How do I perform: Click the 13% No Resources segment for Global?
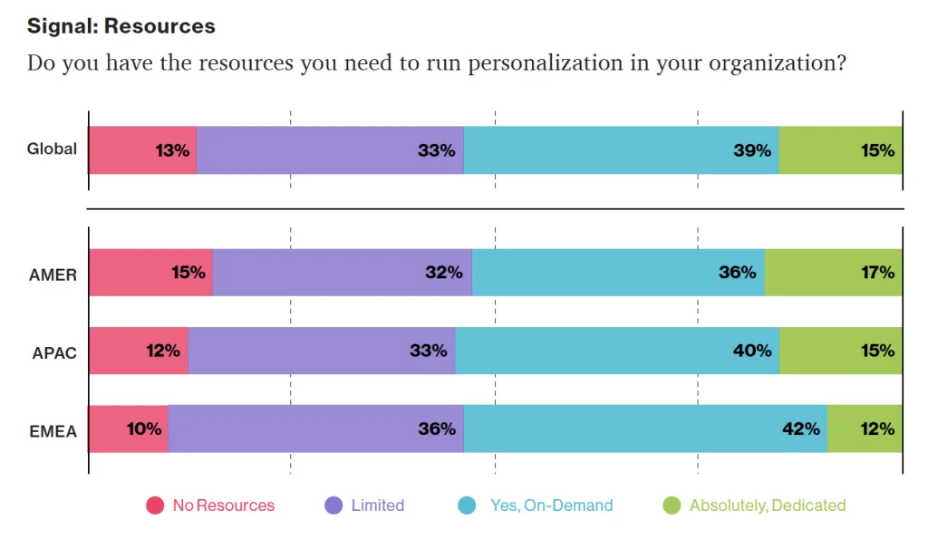coord(142,150)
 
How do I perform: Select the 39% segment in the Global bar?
coord(622,150)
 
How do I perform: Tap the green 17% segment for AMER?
coord(833,272)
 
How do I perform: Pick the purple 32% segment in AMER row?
coord(342,272)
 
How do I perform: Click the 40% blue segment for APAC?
coord(617,351)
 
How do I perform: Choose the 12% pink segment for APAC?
coord(138,351)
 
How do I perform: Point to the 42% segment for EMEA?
coord(645,428)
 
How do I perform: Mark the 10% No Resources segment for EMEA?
coord(128,428)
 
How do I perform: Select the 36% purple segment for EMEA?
coord(315,428)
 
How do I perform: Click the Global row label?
coord(52,149)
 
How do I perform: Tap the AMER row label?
coord(53,274)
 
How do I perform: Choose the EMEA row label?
coord(53,431)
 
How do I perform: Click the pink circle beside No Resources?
coord(155,505)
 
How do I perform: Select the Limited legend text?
coord(377,505)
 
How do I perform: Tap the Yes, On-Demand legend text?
coord(551,505)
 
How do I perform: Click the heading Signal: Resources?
coord(121,25)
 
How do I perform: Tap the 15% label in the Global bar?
coord(877,150)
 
